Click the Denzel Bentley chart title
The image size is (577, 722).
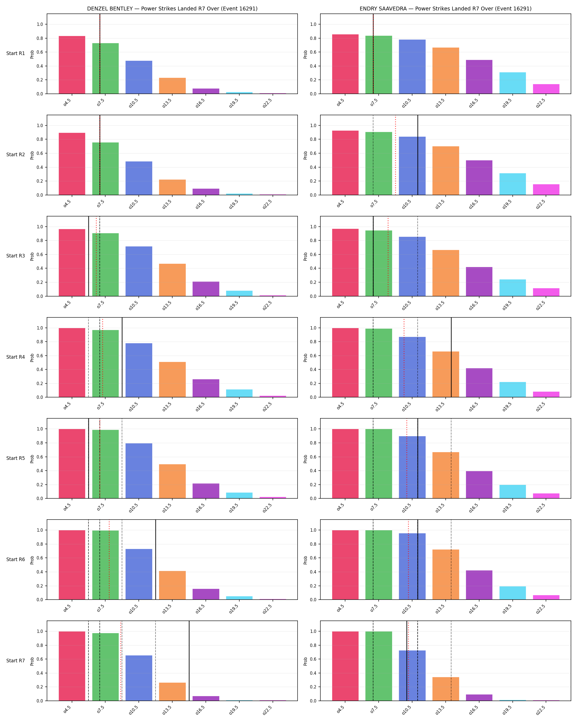(172, 9)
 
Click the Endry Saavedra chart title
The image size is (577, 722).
(446, 9)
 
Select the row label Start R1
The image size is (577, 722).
(15, 53)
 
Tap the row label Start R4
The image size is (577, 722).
(15, 357)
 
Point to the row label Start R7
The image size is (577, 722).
(15, 661)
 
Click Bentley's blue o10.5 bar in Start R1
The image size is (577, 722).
(139, 77)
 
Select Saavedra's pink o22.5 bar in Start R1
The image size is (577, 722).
(546, 89)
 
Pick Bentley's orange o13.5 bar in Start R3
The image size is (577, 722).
(172, 280)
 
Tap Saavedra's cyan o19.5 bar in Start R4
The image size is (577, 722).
(513, 389)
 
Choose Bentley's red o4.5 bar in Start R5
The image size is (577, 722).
(72, 464)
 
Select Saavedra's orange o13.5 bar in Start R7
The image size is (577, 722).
(446, 689)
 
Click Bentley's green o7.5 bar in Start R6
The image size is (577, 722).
(105, 565)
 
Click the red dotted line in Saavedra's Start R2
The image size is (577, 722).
(395, 155)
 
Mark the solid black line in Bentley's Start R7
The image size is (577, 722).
(189, 661)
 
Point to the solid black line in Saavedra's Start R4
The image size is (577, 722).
(451, 357)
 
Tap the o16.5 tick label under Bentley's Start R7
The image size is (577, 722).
(201, 711)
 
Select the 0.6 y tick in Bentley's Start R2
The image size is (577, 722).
(40, 153)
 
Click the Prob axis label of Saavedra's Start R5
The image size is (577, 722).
(305, 459)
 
